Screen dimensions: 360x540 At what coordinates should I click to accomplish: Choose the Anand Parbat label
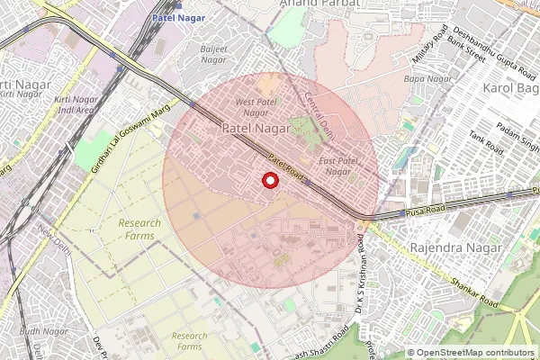pyautogui.click(x=319, y=4)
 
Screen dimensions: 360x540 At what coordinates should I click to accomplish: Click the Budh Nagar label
pyautogui.click(x=44, y=332)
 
